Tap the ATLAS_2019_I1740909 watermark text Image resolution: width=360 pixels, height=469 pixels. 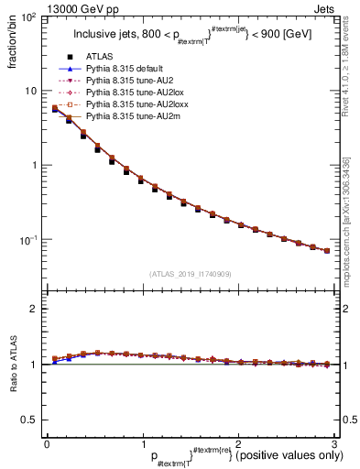189,274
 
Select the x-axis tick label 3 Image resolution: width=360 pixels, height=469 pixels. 333,445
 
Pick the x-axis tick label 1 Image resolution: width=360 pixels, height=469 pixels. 142,445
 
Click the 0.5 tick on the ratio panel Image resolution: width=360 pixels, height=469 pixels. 31,420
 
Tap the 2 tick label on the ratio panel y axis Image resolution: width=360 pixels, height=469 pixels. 35,309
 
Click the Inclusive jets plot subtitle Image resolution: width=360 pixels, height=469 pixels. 189,37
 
